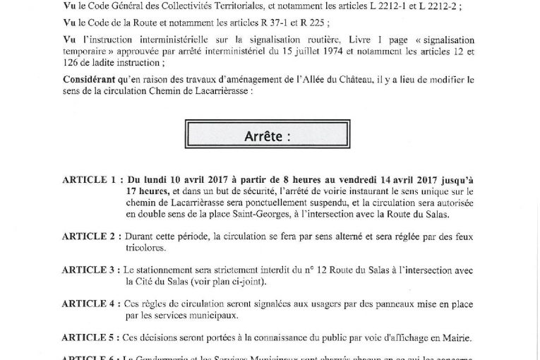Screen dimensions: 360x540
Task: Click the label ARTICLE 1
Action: (x=89, y=180)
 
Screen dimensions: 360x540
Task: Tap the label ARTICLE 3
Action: (x=89, y=270)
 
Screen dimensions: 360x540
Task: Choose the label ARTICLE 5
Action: (x=89, y=337)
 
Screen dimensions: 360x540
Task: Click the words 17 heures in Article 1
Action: (x=148, y=191)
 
